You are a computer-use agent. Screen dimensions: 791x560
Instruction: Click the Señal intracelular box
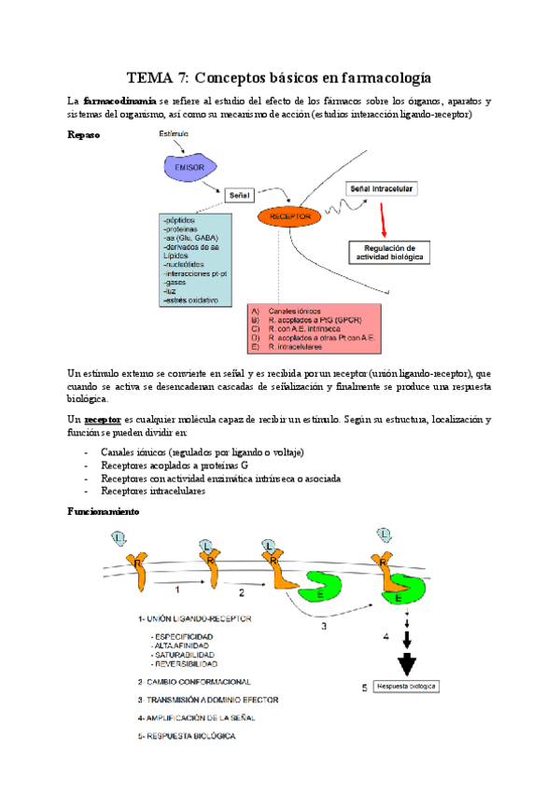pyautogui.click(x=381, y=188)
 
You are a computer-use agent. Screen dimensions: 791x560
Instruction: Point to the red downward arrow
pyautogui.click(x=384, y=218)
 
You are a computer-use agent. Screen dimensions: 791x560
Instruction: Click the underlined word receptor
pyautogui.click(x=103, y=420)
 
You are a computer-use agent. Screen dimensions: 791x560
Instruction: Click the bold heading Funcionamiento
pyautogui.click(x=104, y=512)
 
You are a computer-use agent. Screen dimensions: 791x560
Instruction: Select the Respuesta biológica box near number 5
pyautogui.click(x=405, y=687)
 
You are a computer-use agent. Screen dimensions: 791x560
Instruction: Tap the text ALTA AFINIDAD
pyautogui.click(x=181, y=645)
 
